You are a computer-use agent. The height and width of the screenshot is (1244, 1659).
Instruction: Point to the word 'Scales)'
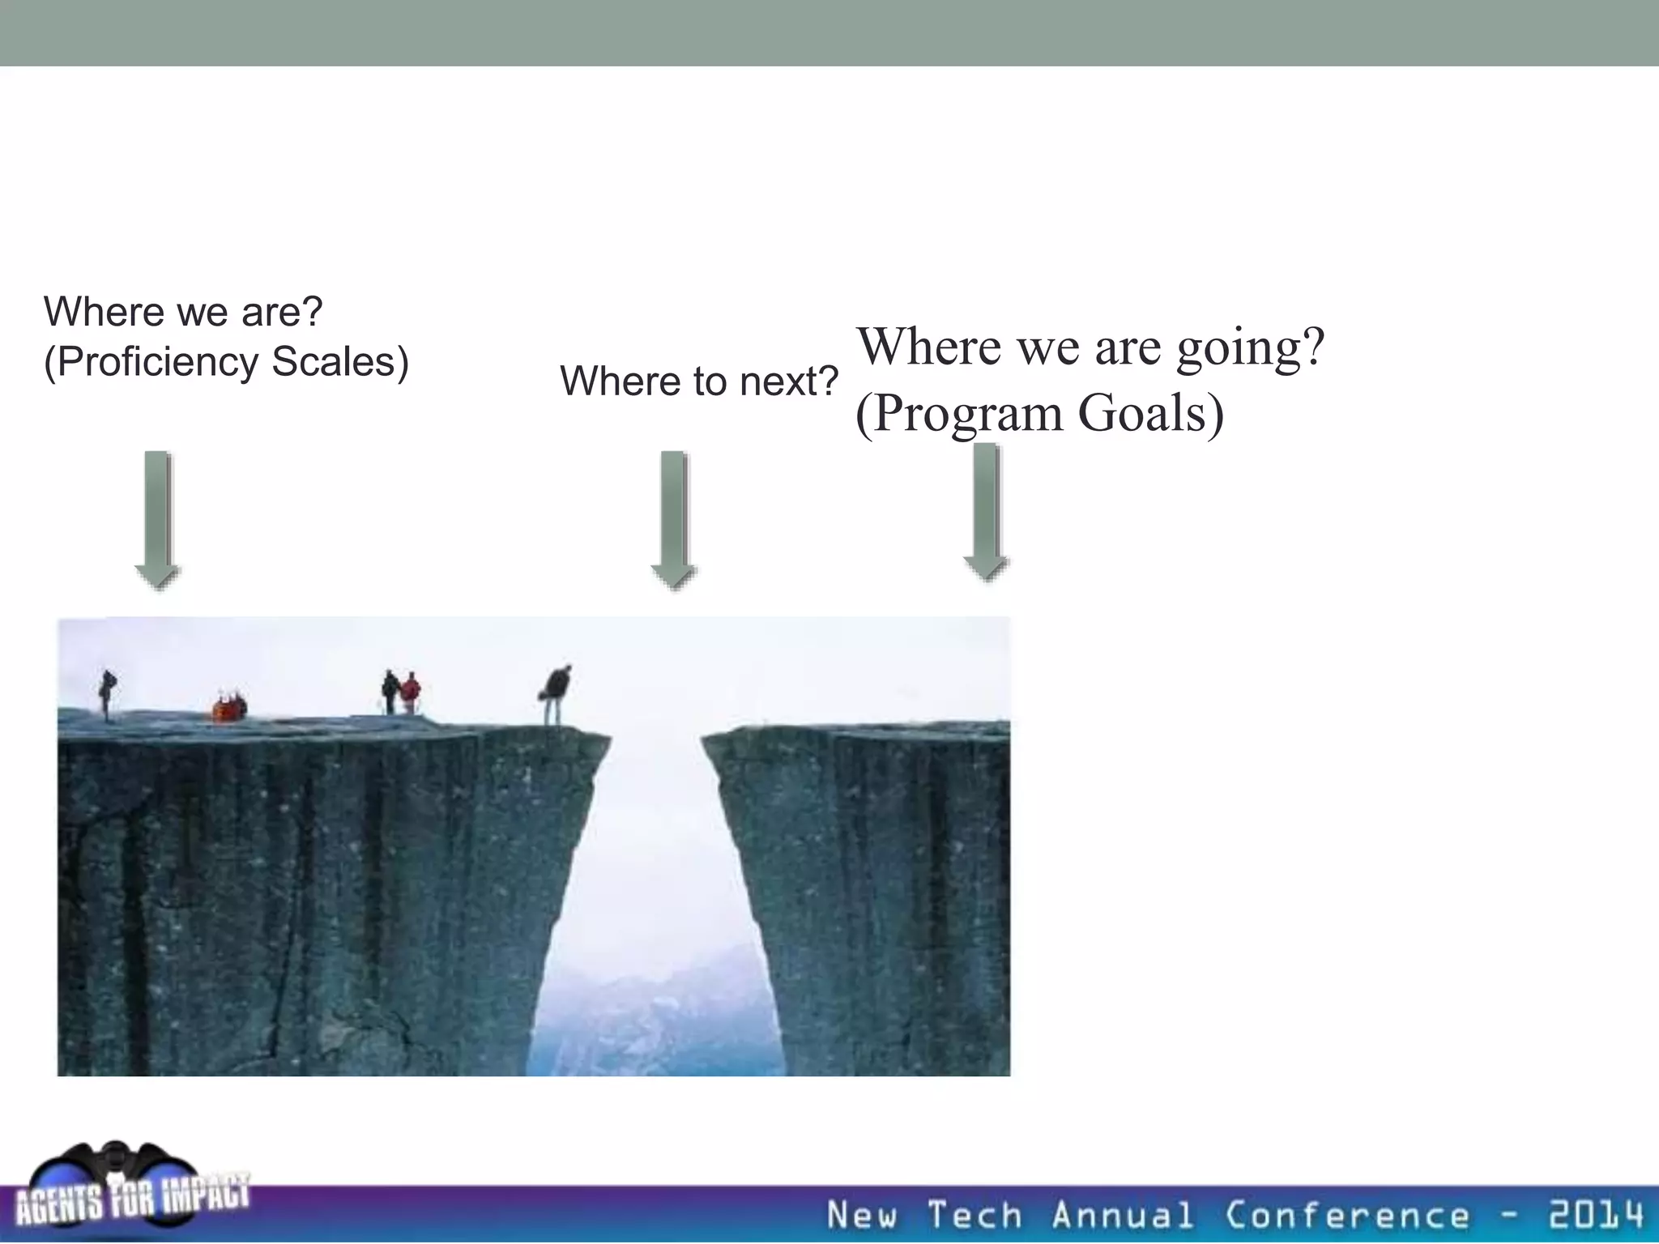coord(339,362)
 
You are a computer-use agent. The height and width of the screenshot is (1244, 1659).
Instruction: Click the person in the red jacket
coord(412,692)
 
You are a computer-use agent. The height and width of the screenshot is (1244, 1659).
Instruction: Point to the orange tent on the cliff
coord(229,708)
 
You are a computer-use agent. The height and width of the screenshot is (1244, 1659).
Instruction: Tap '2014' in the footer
coord(1596,1216)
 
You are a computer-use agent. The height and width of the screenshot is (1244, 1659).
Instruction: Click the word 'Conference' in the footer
coord(1346,1216)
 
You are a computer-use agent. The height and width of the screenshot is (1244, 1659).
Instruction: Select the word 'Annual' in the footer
coord(1122,1216)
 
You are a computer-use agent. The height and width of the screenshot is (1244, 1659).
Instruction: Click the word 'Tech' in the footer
coord(975,1216)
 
